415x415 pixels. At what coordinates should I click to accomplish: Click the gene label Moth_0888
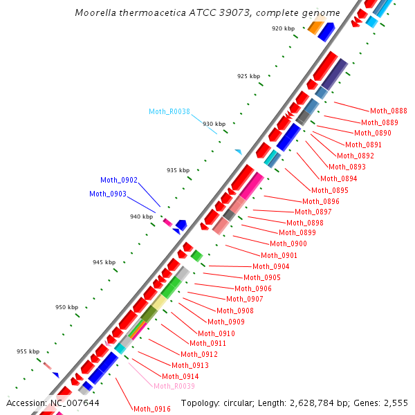389,111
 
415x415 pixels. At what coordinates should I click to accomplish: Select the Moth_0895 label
330,190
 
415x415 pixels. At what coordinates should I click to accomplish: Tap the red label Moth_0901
279,255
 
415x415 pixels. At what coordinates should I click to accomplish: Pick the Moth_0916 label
152,409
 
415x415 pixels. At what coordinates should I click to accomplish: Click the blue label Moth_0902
119,180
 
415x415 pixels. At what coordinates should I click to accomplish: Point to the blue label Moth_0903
108,194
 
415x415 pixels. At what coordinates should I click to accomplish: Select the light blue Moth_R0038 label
169,111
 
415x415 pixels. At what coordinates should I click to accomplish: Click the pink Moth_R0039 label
174,386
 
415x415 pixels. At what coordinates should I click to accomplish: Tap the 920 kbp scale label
283,28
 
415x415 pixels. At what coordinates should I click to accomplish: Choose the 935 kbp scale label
178,169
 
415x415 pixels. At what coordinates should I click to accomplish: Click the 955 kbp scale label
28,351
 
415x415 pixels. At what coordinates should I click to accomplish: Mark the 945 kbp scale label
104,262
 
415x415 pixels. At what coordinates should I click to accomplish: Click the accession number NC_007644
75,403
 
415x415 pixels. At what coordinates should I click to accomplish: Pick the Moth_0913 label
190,365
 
